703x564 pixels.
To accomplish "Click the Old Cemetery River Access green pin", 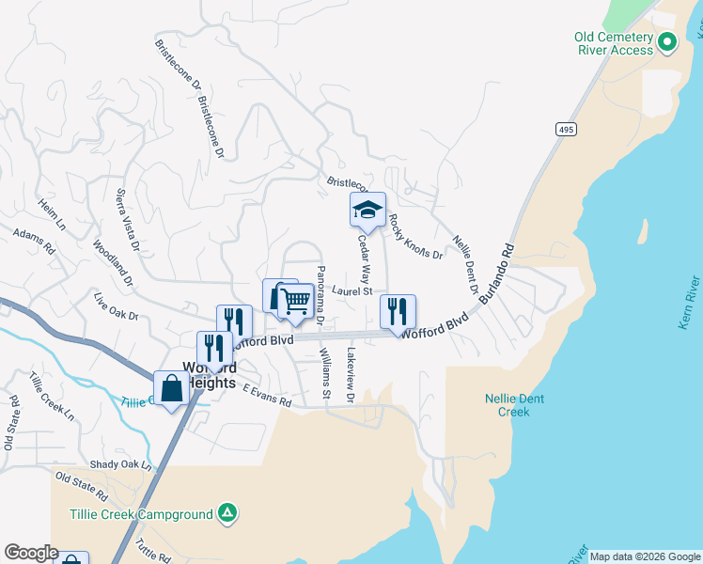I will [x=667, y=41].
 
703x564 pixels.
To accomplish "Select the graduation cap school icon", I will [x=367, y=211].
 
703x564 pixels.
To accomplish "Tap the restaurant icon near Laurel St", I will [x=398, y=312].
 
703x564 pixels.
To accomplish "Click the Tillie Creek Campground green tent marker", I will [x=227, y=513].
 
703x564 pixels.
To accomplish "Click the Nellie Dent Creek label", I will [x=514, y=405].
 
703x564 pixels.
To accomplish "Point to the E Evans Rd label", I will [x=267, y=397].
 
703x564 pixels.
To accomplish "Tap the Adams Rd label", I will [x=35, y=242].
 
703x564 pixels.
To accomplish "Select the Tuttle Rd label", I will [x=150, y=548].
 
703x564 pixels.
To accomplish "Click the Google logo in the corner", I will [x=31, y=553].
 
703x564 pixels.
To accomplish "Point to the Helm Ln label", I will [x=52, y=214].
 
